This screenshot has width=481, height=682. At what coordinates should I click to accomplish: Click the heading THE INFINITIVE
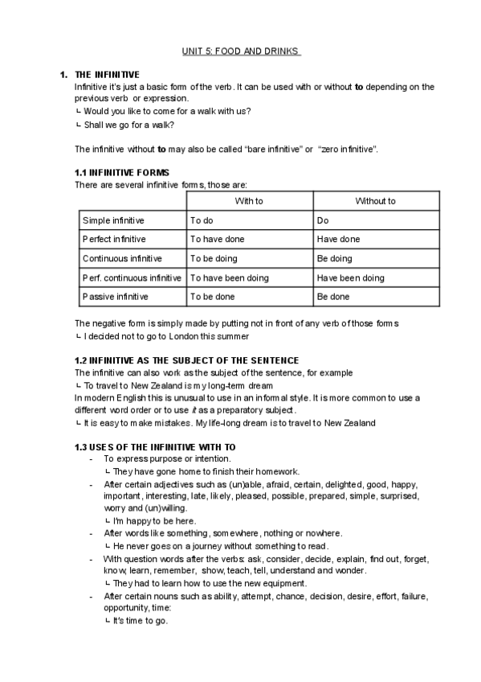pyautogui.click(x=107, y=75)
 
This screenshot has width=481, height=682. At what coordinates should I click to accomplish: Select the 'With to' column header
pyautogui.click(x=249, y=201)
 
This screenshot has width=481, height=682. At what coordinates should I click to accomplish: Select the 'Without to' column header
pyautogui.click(x=375, y=201)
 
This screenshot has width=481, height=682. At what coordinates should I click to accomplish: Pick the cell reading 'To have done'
pyautogui.click(x=217, y=240)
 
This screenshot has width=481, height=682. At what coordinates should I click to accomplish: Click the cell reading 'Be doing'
pyautogui.click(x=334, y=259)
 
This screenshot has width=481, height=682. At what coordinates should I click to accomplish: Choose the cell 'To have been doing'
pyautogui.click(x=229, y=278)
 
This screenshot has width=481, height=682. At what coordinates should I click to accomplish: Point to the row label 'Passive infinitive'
pyautogui.click(x=115, y=297)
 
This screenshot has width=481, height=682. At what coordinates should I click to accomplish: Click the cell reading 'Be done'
pyautogui.click(x=332, y=297)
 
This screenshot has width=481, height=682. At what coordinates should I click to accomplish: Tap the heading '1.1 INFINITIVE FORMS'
pyautogui.click(x=122, y=173)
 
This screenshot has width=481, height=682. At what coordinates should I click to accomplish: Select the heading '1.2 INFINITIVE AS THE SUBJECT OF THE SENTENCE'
pyautogui.click(x=186, y=361)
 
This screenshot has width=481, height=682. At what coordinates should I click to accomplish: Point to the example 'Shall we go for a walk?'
pyautogui.click(x=128, y=125)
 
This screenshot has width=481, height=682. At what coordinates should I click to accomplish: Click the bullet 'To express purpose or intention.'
pyautogui.click(x=167, y=458)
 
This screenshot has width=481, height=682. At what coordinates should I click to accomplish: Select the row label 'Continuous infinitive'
pyautogui.click(x=122, y=259)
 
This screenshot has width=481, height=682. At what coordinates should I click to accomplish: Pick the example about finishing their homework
pyautogui.click(x=206, y=471)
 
